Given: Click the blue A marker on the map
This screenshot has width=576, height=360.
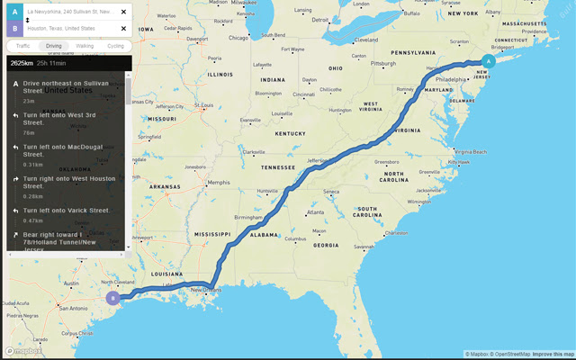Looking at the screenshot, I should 488,61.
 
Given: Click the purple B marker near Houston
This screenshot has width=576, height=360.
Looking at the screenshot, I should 112,298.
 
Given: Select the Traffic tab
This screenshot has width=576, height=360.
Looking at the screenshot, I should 22,45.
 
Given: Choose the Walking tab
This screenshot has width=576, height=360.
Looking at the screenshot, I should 84,45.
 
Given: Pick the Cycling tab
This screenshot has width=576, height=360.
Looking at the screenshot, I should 115,45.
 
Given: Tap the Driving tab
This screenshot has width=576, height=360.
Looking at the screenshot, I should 54,45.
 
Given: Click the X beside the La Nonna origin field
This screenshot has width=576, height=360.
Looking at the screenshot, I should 123,12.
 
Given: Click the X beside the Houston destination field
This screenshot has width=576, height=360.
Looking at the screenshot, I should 123,28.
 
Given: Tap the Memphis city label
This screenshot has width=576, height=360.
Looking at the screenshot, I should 219,183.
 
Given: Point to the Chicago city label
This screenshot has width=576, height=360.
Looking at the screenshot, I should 238,38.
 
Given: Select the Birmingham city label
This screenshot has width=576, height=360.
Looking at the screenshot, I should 248,217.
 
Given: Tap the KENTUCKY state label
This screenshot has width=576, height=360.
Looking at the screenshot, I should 291,133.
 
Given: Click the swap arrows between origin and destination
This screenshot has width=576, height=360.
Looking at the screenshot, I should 28,20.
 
